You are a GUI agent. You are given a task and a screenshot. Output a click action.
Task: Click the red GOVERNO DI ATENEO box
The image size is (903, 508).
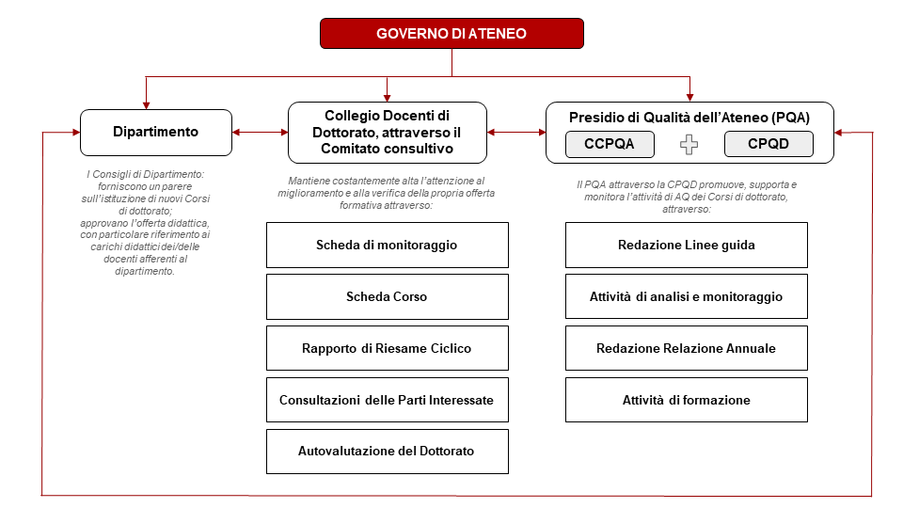point(451,33)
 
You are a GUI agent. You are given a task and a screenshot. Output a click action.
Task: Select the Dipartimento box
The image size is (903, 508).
point(156,132)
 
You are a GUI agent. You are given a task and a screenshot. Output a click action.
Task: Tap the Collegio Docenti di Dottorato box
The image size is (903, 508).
point(387,132)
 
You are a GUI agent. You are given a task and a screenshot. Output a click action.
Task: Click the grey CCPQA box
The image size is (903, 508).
point(609,144)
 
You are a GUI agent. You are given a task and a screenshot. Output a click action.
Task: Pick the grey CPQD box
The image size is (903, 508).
point(768,144)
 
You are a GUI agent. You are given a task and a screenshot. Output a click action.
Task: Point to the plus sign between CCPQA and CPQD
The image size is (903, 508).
point(689,145)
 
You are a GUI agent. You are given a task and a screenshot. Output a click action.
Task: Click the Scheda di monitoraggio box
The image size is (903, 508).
point(387,245)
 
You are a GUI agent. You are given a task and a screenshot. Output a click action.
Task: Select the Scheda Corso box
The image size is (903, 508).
point(387,296)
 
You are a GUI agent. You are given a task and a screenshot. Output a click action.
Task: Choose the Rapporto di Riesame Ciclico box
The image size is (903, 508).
point(387,348)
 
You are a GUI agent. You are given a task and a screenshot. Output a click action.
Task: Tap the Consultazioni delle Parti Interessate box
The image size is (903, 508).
point(387,400)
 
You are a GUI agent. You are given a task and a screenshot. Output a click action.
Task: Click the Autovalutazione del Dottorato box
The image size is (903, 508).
point(387,452)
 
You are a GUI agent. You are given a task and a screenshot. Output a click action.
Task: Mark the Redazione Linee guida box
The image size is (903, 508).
point(687,245)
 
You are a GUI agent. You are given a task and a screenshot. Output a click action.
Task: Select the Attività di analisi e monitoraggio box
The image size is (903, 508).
point(687,296)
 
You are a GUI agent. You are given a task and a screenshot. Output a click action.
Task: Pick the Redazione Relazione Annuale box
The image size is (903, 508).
point(687,348)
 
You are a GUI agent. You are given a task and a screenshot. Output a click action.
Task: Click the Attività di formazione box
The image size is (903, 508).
point(687,400)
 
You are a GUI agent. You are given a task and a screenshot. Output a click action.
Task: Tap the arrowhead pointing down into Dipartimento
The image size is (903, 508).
point(146,103)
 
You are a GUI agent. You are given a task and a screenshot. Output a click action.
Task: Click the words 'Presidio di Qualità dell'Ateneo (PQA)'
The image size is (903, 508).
point(689,117)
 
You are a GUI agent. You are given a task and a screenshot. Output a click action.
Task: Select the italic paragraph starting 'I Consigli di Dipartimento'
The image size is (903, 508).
point(149,222)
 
